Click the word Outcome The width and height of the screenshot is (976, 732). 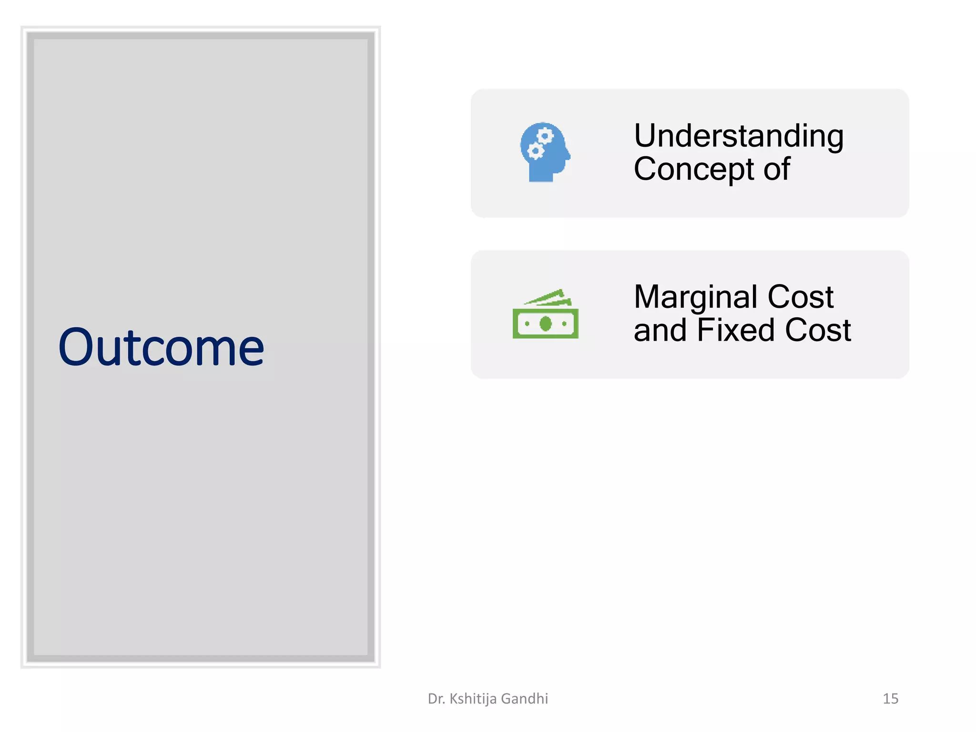point(161,347)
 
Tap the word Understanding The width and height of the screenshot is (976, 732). point(739,137)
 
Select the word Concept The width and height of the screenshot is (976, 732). point(694,169)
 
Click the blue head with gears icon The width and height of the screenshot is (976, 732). point(545,152)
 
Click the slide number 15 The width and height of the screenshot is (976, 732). point(890,699)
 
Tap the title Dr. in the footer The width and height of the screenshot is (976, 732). point(436,699)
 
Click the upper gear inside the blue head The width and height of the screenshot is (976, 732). point(545,136)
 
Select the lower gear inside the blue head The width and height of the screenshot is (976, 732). point(535,152)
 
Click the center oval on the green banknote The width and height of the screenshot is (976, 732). point(546,324)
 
